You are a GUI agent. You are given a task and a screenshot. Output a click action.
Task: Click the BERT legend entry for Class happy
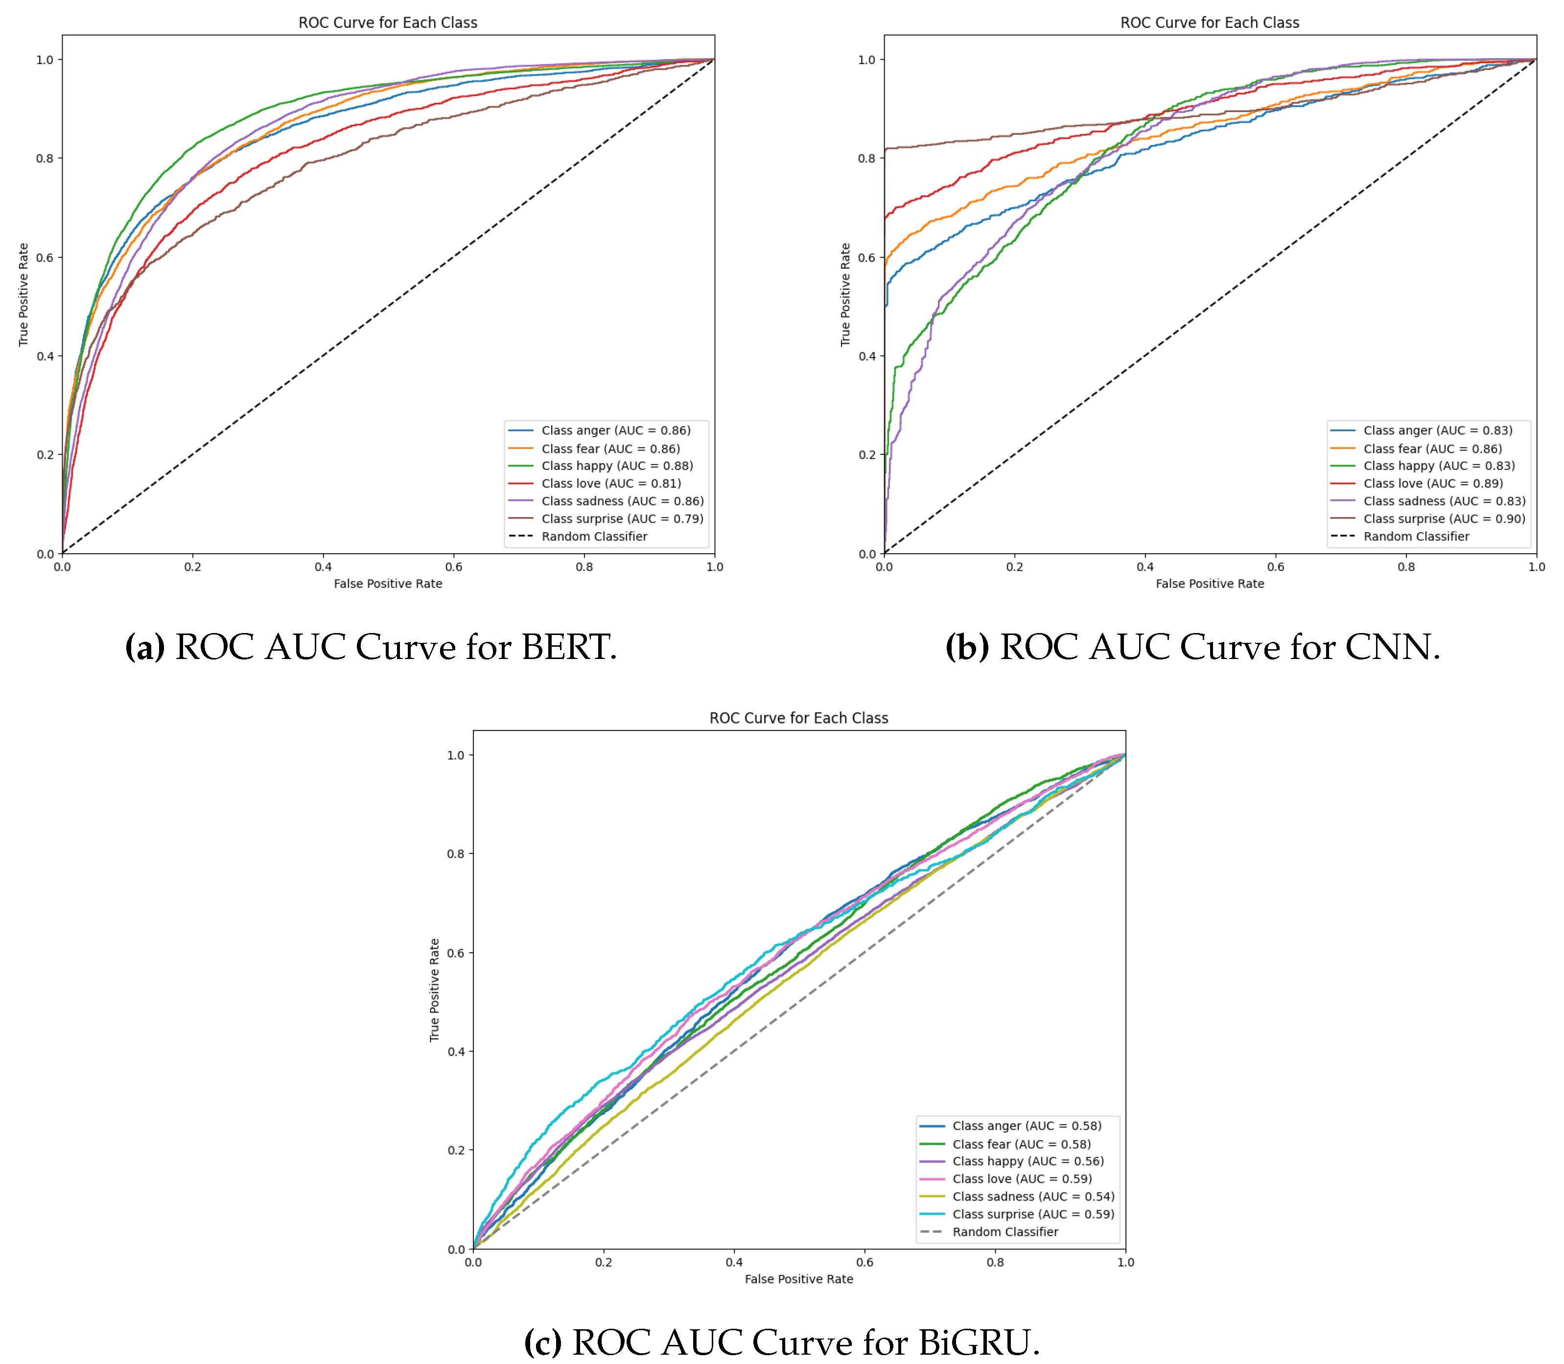pos(616,466)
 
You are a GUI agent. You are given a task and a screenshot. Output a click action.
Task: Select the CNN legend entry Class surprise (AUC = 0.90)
pos(1444,518)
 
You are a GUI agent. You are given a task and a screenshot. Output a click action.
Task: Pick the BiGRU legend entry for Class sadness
pos(1033,1197)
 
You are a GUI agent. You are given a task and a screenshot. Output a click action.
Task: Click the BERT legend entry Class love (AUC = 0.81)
pos(610,483)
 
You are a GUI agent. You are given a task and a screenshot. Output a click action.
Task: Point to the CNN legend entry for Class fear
pos(1432,448)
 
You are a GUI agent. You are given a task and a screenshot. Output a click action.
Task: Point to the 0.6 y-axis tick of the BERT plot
pos(45,257)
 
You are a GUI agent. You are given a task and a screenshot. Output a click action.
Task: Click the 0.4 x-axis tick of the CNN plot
pos(1144,566)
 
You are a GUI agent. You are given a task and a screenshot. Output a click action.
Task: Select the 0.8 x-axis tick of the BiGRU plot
pos(995,1262)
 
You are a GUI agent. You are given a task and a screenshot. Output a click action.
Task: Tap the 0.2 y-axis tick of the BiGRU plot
pos(456,1150)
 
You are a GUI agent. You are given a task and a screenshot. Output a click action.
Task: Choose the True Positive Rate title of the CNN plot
pos(845,295)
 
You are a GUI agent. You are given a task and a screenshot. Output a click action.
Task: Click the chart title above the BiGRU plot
pos(798,718)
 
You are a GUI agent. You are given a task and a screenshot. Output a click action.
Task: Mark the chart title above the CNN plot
pos(1209,23)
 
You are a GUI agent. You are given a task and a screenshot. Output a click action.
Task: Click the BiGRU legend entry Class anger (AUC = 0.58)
pos(1026,1126)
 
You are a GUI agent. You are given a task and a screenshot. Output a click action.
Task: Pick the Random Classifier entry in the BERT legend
pos(594,537)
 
